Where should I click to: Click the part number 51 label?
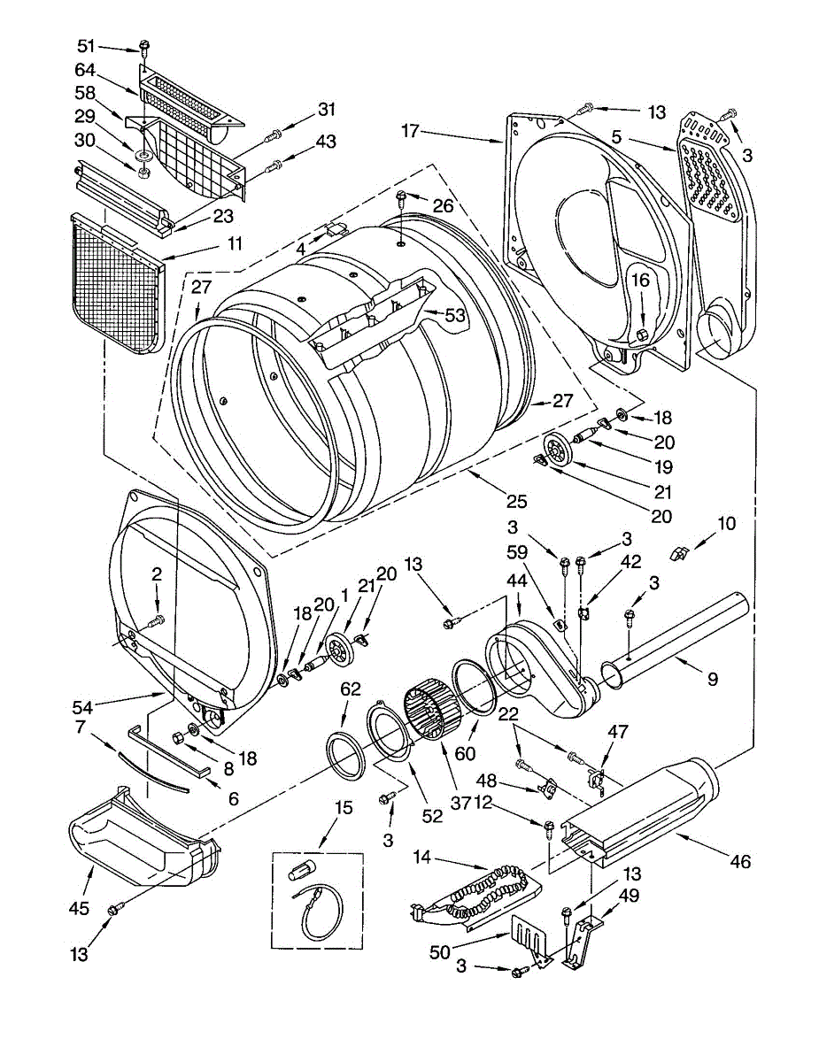(86, 46)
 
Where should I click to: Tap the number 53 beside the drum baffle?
(454, 315)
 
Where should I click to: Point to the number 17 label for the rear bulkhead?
(411, 130)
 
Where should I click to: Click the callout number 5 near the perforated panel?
(617, 137)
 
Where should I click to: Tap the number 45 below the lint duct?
(79, 908)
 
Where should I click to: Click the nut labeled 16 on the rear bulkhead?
(642, 335)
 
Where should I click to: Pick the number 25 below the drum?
(516, 502)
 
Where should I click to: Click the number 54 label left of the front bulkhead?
(82, 707)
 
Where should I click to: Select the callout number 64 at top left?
(85, 70)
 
